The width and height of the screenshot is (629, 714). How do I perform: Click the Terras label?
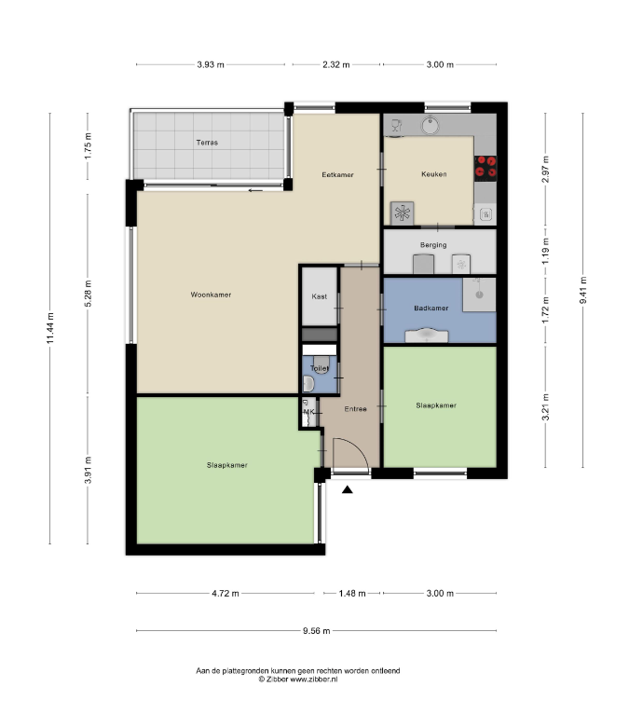(x=207, y=143)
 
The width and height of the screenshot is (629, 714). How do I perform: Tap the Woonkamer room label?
(x=211, y=295)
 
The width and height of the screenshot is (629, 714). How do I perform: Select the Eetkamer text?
(x=337, y=174)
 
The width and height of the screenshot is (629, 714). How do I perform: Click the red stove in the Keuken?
(x=485, y=166)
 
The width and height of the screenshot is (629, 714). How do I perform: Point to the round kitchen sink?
(x=431, y=125)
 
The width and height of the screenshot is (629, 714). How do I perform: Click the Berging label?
(x=433, y=245)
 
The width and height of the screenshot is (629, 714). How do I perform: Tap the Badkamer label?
(x=431, y=308)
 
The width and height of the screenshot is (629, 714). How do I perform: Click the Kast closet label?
(x=320, y=296)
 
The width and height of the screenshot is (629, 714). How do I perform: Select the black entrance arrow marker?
(x=348, y=489)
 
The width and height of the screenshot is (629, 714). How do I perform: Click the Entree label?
(x=355, y=409)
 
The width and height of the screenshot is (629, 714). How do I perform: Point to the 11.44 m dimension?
(x=50, y=328)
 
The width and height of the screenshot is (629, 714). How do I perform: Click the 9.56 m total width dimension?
(x=317, y=631)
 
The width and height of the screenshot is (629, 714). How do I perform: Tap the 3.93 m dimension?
(x=211, y=64)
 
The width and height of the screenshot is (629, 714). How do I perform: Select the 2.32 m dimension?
(x=336, y=64)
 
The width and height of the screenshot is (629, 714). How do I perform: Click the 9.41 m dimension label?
(x=583, y=291)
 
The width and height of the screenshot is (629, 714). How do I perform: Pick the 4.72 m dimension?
(x=226, y=594)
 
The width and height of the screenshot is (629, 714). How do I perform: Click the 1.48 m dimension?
(x=352, y=594)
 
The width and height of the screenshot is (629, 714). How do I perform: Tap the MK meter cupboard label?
(x=308, y=412)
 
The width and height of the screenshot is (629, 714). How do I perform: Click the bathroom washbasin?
(x=427, y=336)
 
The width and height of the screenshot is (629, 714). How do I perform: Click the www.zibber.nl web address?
(x=314, y=679)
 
